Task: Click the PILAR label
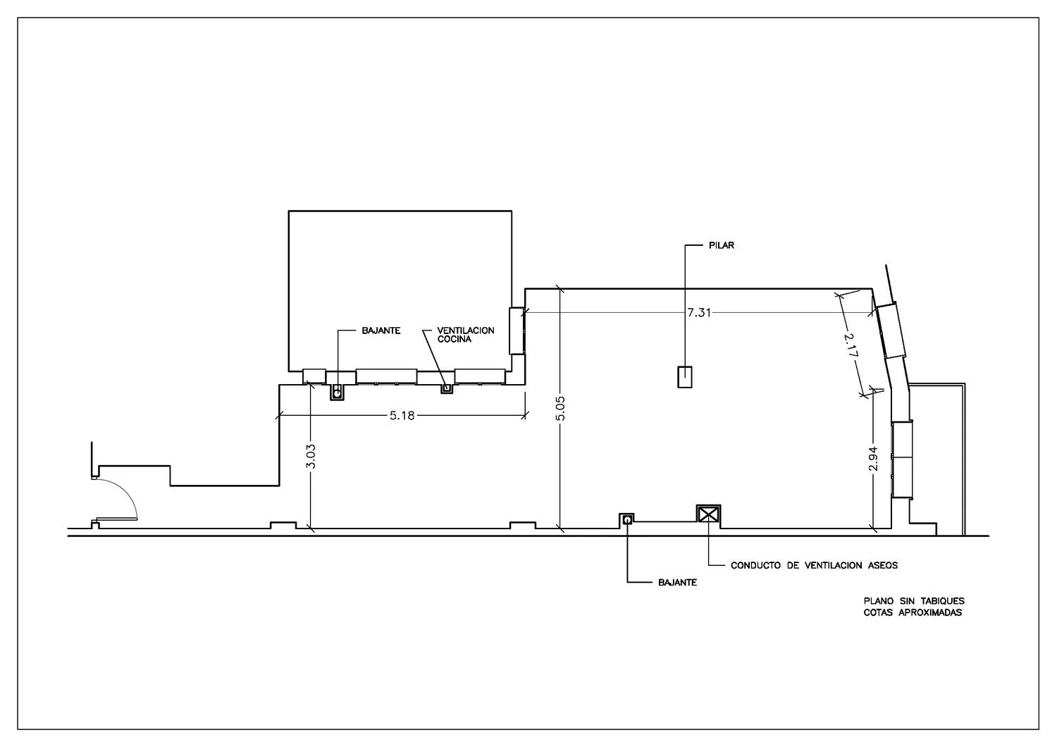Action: click(x=721, y=245)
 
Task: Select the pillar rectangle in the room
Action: click(x=685, y=377)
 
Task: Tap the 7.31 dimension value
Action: click(x=699, y=312)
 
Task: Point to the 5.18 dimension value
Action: click(x=402, y=415)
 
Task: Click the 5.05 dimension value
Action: click(x=560, y=408)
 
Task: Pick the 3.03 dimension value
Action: click(x=311, y=457)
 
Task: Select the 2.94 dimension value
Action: click(x=873, y=459)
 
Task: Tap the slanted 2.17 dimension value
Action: click(x=851, y=345)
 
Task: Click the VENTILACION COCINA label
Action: click(x=465, y=335)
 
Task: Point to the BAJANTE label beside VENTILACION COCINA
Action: click(x=381, y=331)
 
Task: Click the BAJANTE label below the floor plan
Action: click(x=677, y=583)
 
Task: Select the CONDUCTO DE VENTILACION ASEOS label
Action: click(x=814, y=565)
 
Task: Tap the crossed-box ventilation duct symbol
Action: click(x=708, y=514)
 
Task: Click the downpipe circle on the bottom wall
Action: click(x=626, y=520)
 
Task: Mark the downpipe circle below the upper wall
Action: click(x=337, y=393)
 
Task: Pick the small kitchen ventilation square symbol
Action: click(x=446, y=388)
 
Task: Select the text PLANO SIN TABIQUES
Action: click(x=914, y=601)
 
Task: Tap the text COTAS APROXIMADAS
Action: click(x=913, y=612)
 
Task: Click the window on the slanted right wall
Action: click(x=891, y=331)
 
